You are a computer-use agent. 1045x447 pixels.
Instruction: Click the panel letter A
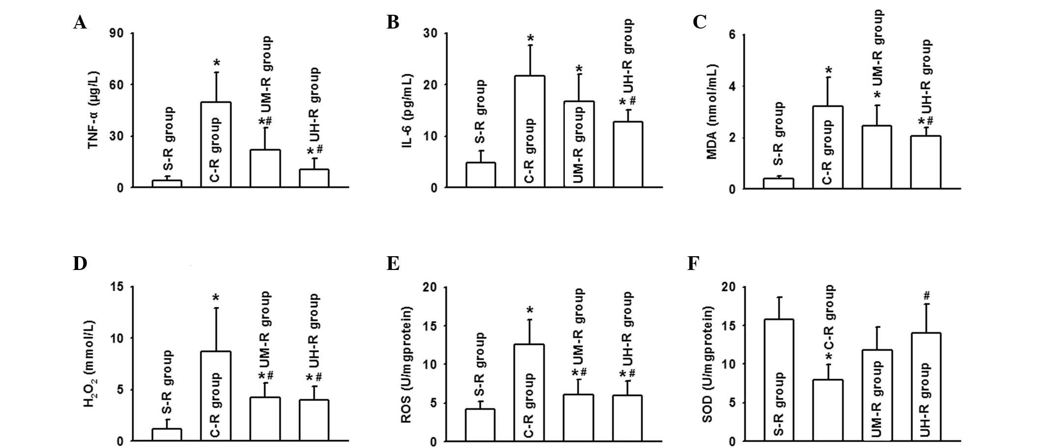click(x=80, y=22)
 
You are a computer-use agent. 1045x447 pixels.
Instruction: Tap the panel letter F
click(x=694, y=264)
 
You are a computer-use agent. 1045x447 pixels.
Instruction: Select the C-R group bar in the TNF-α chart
click(x=216, y=145)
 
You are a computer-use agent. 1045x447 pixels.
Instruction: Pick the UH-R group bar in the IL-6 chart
click(x=628, y=154)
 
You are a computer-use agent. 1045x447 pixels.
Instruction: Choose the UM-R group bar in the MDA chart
click(x=876, y=157)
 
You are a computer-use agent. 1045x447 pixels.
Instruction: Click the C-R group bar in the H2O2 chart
click(x=216, y=396)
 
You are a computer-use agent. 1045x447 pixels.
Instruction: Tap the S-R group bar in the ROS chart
click(x=480, y=425)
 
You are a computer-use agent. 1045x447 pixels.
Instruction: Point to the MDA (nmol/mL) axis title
click(x=711, y=112)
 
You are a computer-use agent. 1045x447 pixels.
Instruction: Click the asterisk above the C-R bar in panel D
click(x=216, y=298)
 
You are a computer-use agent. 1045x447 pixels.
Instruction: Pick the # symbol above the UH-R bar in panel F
click(x=927, y=296)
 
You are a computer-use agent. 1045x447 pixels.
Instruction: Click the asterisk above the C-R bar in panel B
click(x=530, y=39)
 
